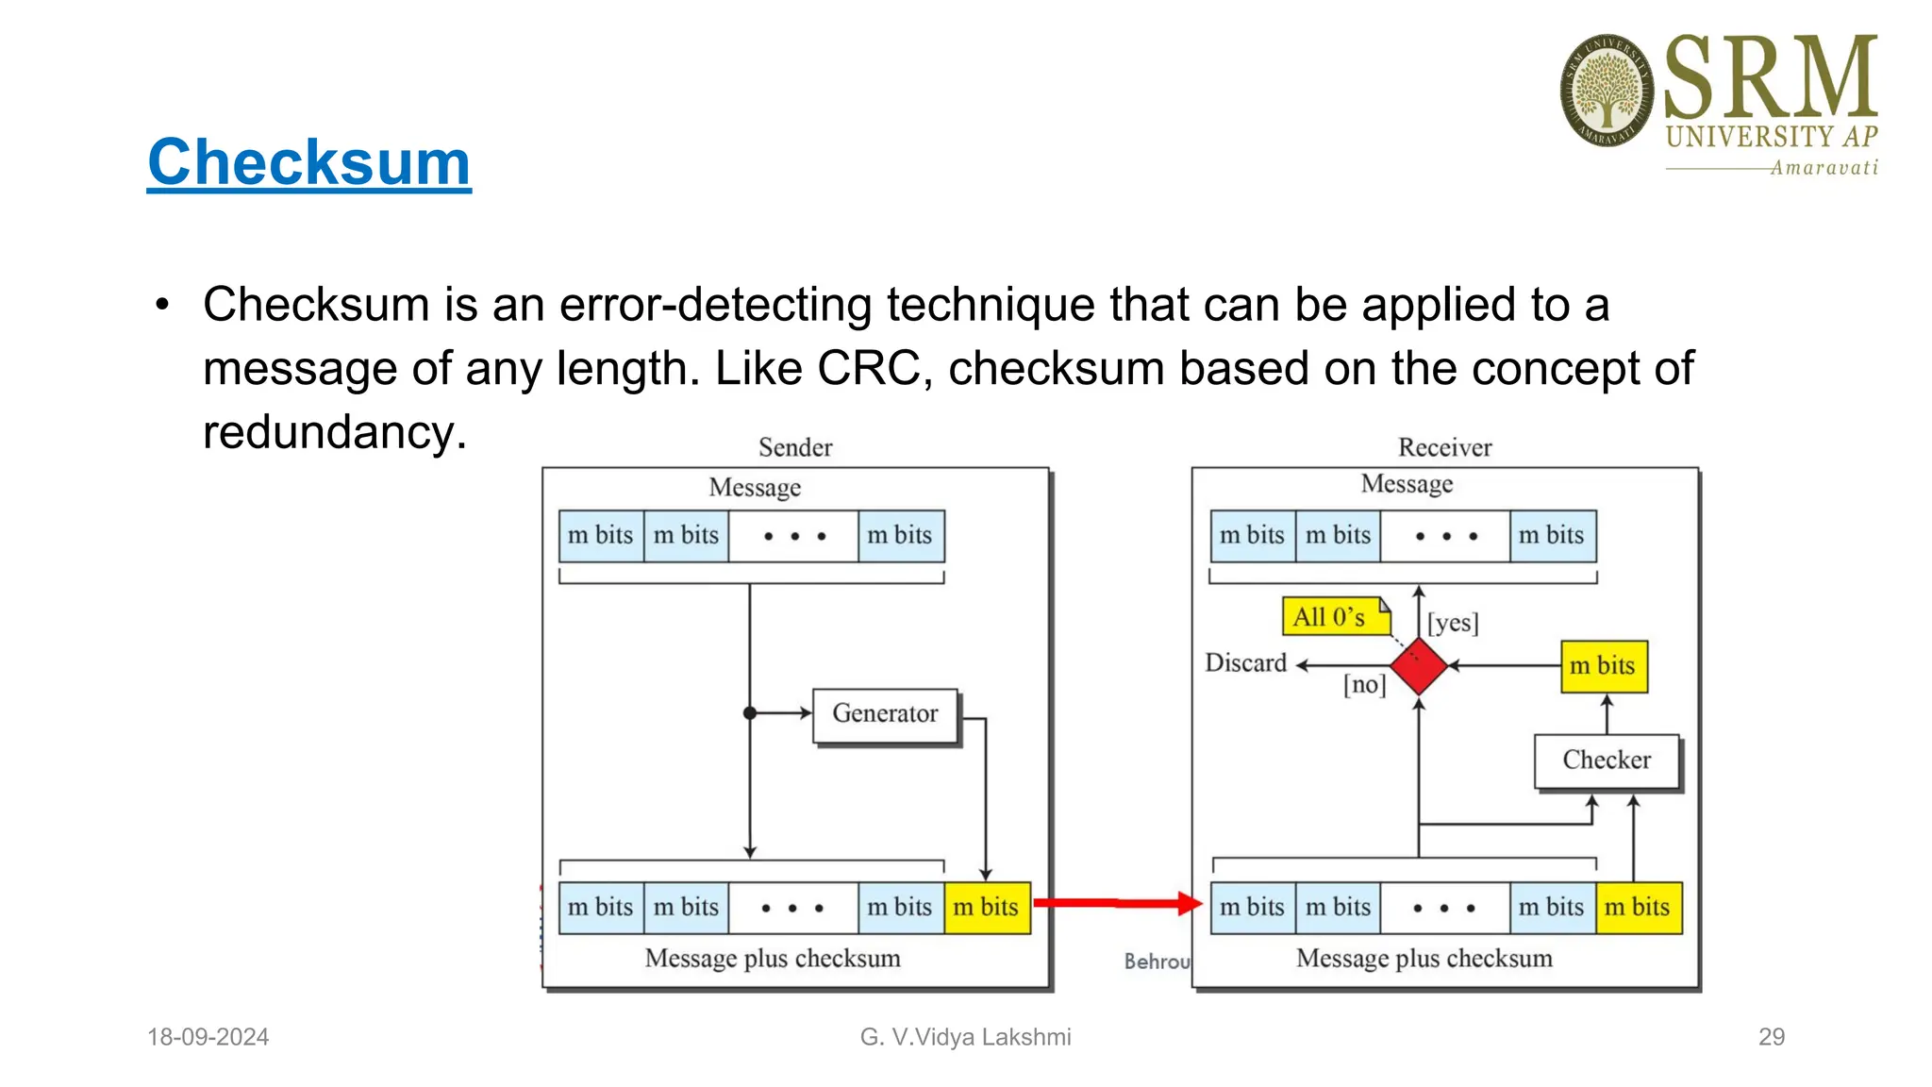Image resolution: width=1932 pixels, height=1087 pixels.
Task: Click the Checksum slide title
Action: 308,162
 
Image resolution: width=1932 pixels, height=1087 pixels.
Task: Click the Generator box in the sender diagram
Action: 885,714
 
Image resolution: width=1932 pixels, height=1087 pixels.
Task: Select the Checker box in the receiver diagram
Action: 1607,761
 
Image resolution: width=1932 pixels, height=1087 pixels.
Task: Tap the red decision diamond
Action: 1419,666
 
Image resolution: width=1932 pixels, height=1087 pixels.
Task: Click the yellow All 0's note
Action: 1333,617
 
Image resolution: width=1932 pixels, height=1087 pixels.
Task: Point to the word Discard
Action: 1245,663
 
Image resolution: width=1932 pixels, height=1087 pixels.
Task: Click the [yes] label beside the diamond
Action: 1453,623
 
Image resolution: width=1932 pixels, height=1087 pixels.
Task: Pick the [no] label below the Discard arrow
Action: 1364,684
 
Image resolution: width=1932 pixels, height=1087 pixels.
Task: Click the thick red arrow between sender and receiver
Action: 1113,903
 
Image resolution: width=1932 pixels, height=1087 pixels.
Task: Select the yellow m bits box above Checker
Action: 1604,666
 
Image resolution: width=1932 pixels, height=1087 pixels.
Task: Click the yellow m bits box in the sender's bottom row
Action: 987,908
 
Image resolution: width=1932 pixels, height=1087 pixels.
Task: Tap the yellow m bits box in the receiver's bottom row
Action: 1638,908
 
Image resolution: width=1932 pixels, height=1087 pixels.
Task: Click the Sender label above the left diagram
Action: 795,447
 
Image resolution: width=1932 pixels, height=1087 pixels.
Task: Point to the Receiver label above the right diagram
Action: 1444,447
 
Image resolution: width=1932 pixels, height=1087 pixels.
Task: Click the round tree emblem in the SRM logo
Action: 1607,91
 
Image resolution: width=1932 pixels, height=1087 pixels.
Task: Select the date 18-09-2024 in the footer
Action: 208,1037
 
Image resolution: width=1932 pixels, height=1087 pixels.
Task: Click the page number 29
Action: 1771,1037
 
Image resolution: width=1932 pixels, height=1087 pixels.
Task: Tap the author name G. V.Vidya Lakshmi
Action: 965,1037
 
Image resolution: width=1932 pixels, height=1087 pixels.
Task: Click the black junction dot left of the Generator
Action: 750,713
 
